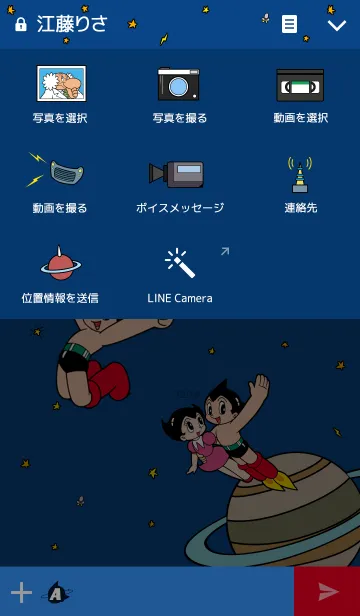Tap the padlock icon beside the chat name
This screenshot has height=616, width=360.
(x=20, y=25)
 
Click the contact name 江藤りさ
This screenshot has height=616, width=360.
(x=72, y=24)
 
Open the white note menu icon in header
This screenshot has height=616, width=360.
(x=289, y=24)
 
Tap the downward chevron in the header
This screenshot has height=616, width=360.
(x=337, y=26)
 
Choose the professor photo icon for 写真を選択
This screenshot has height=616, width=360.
(x=61, y=83)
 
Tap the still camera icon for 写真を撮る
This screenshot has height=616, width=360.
(x=179, y=84)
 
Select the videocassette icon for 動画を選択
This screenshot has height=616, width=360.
(x=300, y=85)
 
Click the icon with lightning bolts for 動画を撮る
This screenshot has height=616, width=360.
(x=56, y=170)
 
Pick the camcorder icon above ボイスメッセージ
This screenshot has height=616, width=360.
(x=176, y=174)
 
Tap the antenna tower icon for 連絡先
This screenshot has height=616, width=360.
(x=300, y=175)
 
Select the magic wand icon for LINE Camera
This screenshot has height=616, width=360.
(x=180, y=262)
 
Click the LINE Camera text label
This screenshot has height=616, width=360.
(x=180, y=298)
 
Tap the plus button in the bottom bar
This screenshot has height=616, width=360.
(x=21, y=592)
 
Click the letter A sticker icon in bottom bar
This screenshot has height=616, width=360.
(x=57, y=592)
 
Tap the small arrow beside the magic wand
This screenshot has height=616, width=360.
(x=225, y=251)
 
